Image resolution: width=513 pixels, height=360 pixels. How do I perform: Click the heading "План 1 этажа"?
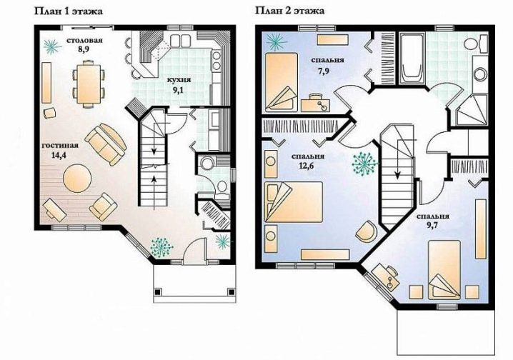[x=69, y=11]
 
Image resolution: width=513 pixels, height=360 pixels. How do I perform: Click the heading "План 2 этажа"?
[x=290, y=11]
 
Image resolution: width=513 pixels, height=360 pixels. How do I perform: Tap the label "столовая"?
[x=85, y=41]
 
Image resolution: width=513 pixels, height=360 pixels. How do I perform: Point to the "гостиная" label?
[x=60, y=146]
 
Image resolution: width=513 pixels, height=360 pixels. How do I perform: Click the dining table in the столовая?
[x=89, y=84]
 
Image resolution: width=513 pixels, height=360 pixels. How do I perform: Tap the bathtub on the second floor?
[x=411, y=59]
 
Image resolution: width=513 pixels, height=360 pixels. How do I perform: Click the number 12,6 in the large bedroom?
[x=307, y=166]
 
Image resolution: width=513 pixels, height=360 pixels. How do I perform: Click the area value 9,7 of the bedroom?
[x=432, y=226]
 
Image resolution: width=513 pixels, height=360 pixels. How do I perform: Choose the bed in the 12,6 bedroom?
[x=294, y=201]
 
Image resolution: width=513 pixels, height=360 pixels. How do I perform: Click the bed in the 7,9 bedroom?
[x=282, y=82]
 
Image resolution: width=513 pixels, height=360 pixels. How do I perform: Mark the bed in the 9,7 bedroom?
[x=444, y=269]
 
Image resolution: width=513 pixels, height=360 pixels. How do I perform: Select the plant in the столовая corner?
[x=52, y=46]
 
